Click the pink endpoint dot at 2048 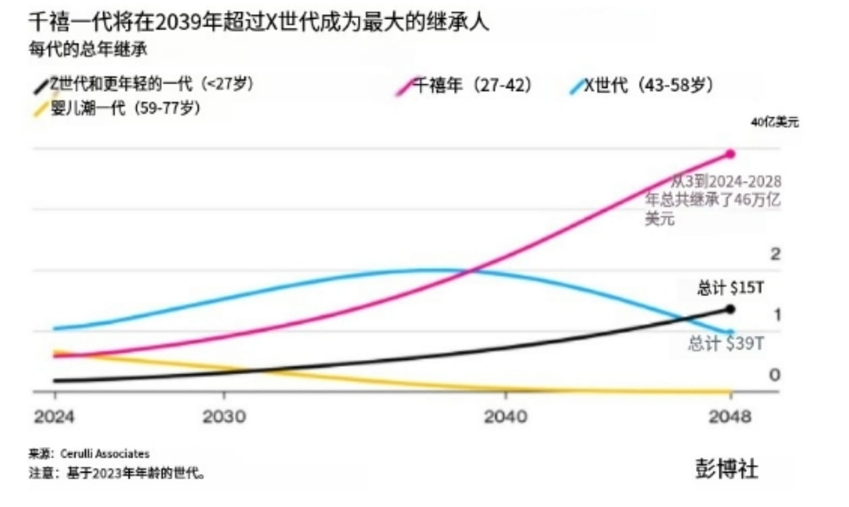tap(730, 154)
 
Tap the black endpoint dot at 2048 tap(730, 309)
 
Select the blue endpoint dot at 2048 tap(730, 332)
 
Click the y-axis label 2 tap(775, 254)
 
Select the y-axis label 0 tap(775, 375)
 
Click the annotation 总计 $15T tap(730, 289)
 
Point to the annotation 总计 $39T tap(726, 344)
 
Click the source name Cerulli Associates tap(105, 454)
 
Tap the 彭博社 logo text tap(726, 469)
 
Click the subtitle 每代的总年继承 tap(88, 49)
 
